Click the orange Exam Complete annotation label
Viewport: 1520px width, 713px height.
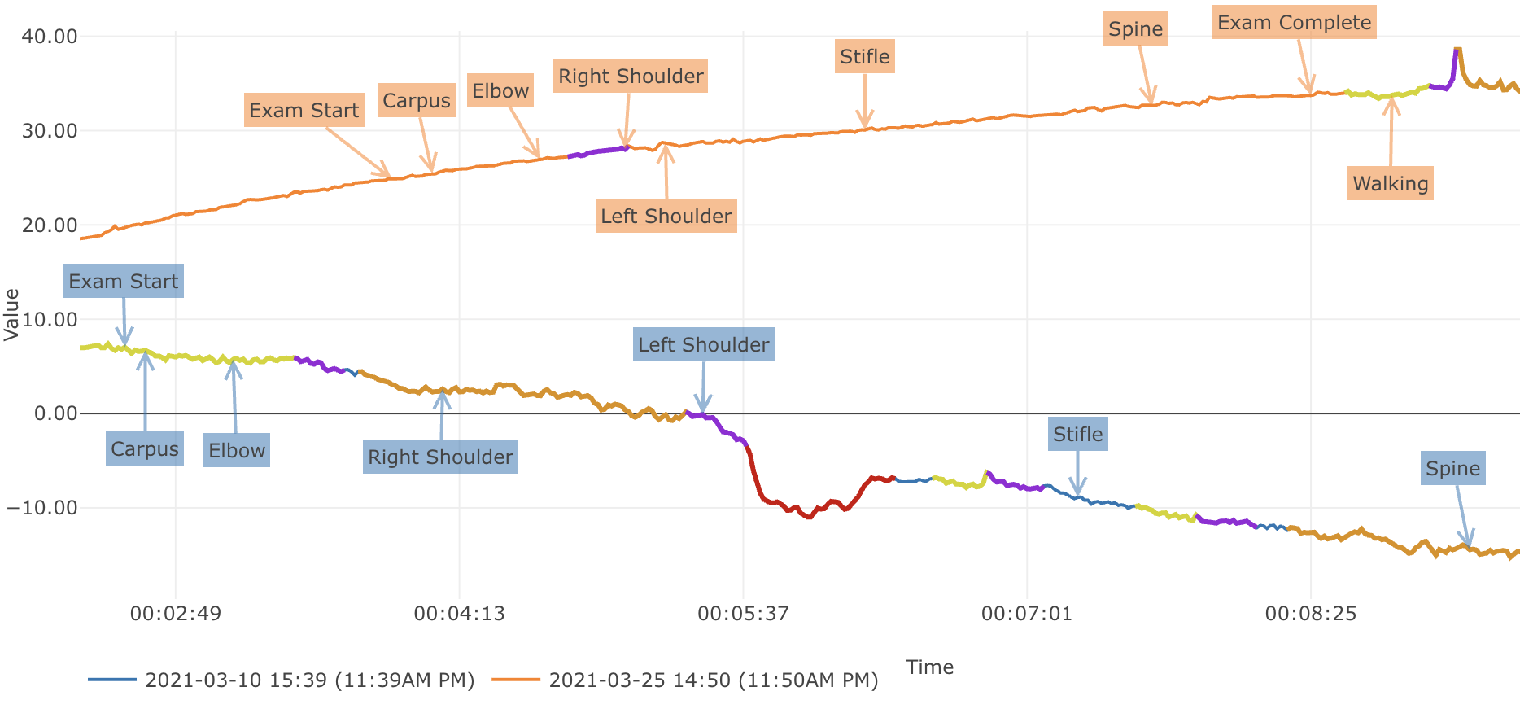(x=1294, y=23)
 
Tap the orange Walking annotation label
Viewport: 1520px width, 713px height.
(x=1390, y=184)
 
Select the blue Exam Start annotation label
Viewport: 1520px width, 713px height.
(x=124, y=282)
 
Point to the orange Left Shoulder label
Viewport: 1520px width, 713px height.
(x=666, y=217)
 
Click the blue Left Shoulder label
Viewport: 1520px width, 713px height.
(x=703, y=345)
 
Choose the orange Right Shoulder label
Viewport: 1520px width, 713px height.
(x=631, y=77)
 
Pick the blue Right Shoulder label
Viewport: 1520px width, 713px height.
(x=440, y=457)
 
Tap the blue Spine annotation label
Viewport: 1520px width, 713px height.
(x=1452, y=469)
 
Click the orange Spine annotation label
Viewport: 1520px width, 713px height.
(x=1135, y=29)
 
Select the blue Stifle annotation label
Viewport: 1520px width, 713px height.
(x=1077, y=435)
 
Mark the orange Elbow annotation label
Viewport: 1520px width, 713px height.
(x=500, y=91)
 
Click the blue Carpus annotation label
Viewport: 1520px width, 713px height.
(x=145, y=449)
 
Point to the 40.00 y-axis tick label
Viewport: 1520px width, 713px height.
(x=50, y=37)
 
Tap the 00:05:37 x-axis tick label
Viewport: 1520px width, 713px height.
(x=743, y=614)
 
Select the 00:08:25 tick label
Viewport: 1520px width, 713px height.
(x=1310, y=614)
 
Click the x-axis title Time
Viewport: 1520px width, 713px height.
(x=929, y=667)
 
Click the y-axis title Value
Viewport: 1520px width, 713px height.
(x=12, y=315)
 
